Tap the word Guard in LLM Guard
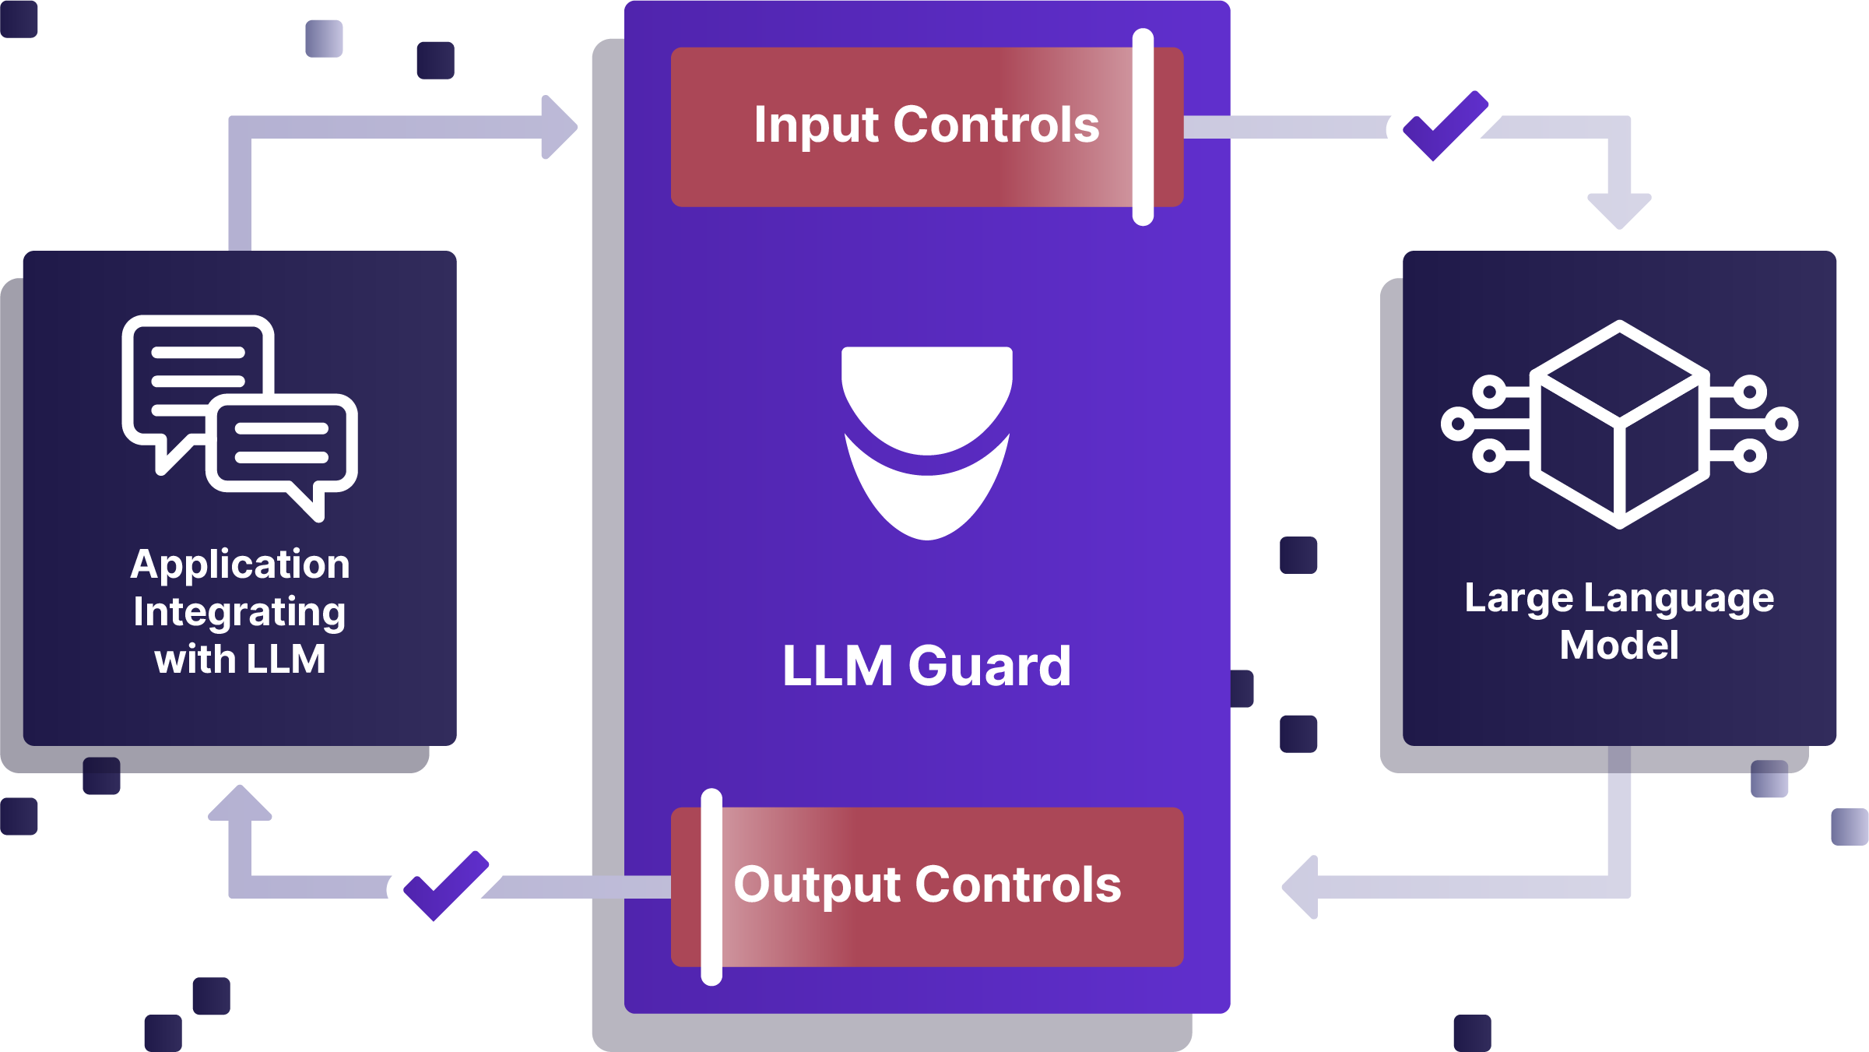point(989,667)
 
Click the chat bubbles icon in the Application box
point(240,417)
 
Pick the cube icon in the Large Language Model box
point(1619,424)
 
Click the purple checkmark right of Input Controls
point(1445,126)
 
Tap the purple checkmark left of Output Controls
point(445,886)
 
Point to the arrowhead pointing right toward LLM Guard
point(560,127)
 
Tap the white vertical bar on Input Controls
point(1143,127)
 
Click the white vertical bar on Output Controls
point(711,887)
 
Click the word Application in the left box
point(240,565)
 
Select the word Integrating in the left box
point(240,612)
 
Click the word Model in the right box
point(1619,646)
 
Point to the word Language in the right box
point(1678,599)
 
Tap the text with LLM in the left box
point(240,660)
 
